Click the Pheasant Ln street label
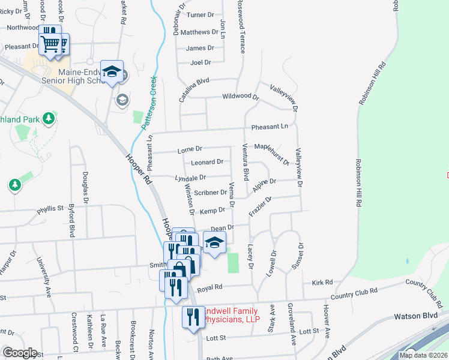tap(270, 127)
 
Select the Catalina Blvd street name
tap(194, 88)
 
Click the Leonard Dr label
tap(207, 162)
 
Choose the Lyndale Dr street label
tap(190, 178)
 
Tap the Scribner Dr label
tap(209, 193)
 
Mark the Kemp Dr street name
tap(212, 211)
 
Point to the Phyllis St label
tap(50, 208)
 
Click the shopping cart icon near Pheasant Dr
tap(50, 43)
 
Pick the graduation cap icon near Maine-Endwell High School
tap(112, 71)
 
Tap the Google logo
tap(19, 353)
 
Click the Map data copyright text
tap(423, 355)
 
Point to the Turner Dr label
tap(200, 14)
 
